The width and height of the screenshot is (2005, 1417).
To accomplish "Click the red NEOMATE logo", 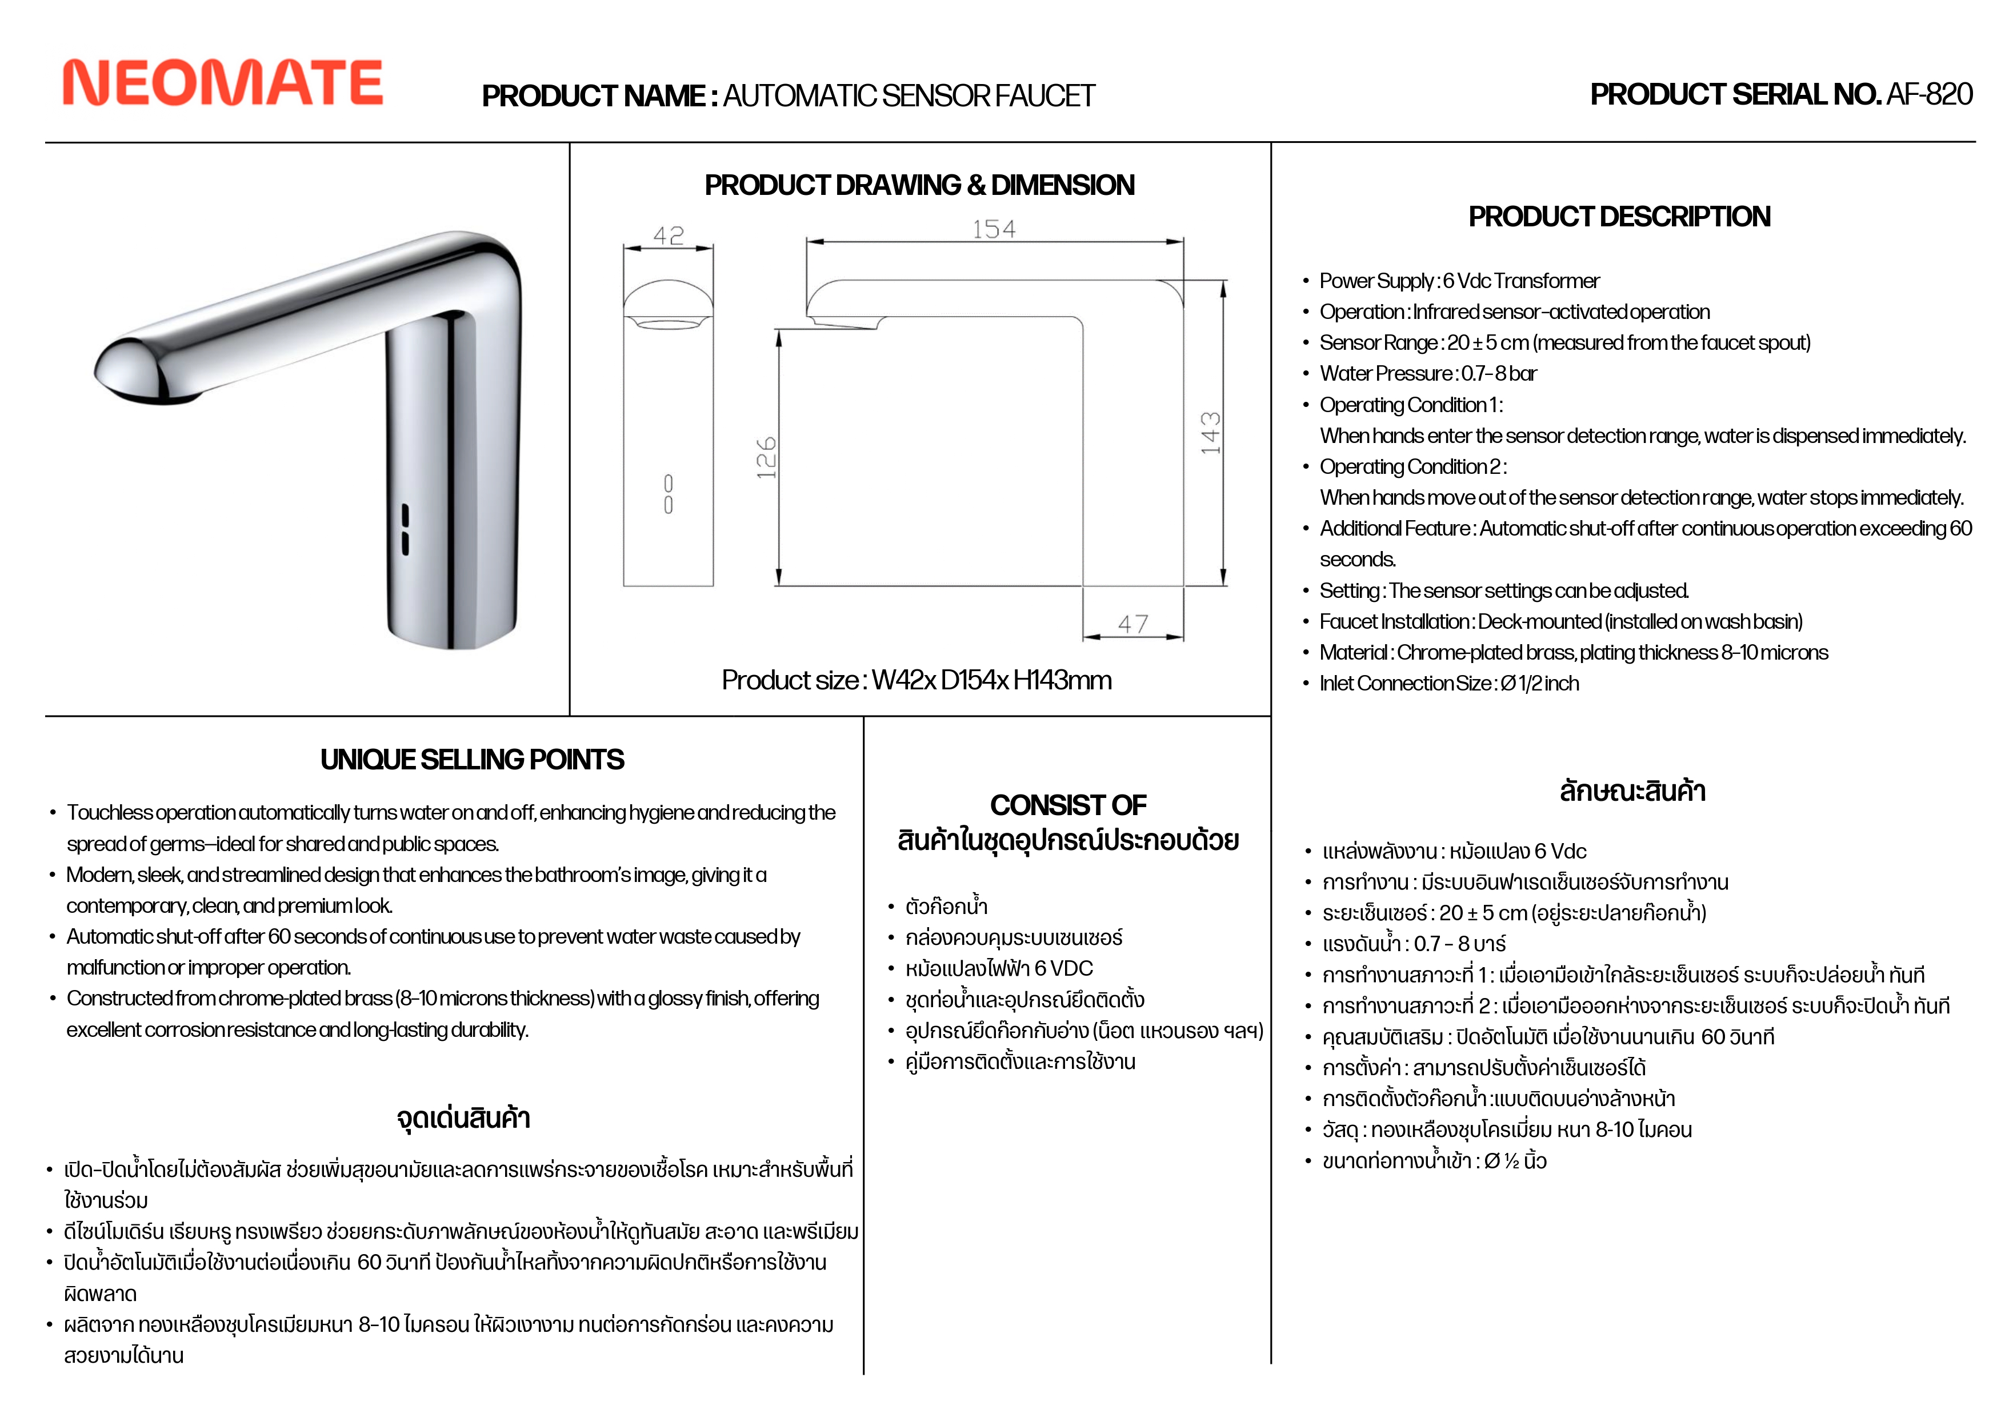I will (223, 83).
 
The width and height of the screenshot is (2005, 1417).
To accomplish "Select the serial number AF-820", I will (1928, 94).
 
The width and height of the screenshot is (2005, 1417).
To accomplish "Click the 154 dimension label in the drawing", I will (994, 230).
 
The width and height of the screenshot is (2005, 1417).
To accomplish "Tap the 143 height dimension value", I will (1210, 433).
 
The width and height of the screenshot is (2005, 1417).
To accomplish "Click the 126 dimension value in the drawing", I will (766, 458).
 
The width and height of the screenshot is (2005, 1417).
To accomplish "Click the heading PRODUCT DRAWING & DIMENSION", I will (919, 185).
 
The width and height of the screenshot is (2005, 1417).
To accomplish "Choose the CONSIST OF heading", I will (1068, 805).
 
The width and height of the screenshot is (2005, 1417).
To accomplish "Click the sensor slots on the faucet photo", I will (405, 529).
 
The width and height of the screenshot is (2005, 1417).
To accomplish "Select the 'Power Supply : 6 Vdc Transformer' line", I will (1459, 281).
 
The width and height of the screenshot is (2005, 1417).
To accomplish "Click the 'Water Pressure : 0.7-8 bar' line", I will (1428, 374).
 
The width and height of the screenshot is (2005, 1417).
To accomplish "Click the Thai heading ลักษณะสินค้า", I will (1632, 792).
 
